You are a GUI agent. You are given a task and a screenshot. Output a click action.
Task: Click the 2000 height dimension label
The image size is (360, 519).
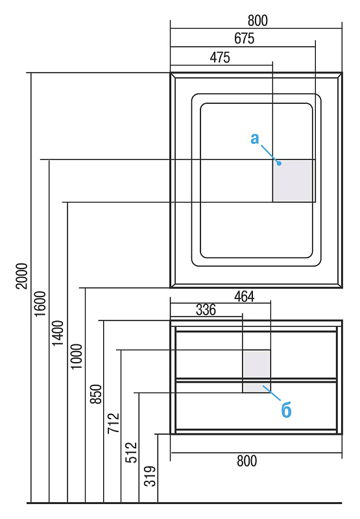click(x=21, y=276)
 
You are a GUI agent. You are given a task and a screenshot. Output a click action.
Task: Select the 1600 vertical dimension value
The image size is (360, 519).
click(x=40, y=304)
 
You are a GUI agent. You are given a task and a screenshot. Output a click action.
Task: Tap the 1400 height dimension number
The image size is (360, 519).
click(x=58, y=333)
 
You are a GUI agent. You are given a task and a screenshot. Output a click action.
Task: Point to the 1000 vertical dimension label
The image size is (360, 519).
click(x=77, y=356)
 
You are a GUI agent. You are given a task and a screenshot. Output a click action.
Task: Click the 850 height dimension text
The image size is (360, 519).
click(x=96, y=394)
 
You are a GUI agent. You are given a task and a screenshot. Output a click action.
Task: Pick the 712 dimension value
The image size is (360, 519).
click(x=114, y=424)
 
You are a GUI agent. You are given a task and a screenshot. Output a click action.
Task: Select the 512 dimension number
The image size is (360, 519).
click(x=132, y=452)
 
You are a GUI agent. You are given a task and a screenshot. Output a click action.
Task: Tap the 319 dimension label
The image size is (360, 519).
click(x=150, y=476)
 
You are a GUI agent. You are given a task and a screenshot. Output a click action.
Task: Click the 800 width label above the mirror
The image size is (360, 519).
click(x=258, y=21)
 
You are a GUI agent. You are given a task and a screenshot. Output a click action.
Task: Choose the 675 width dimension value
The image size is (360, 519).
click(x=244, y=38)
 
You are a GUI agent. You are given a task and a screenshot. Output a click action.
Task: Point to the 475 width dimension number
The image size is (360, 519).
click(x=220, y=58)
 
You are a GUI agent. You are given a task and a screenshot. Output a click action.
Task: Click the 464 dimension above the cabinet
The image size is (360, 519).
click(x=244, y=296)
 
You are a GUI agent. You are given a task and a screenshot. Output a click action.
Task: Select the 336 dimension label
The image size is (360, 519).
click(x=206, y=310)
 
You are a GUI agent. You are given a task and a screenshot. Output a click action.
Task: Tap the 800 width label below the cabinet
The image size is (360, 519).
click(x=247, y=461)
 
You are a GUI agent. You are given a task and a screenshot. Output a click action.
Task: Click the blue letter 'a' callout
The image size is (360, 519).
click(x=254, y=139)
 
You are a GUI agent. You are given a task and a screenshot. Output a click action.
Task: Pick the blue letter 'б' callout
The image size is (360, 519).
click(x=286, y=410)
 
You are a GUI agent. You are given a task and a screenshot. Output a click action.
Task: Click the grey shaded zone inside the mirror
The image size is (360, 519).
click(x=293, y=181)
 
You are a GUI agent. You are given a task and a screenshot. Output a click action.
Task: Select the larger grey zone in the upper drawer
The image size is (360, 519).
click(x=257, y=364)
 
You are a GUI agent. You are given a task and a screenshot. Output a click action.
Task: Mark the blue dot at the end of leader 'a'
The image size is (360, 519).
click(x=280, y=163)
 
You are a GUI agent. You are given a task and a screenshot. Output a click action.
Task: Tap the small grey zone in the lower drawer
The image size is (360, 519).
click(x=257, y=387)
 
